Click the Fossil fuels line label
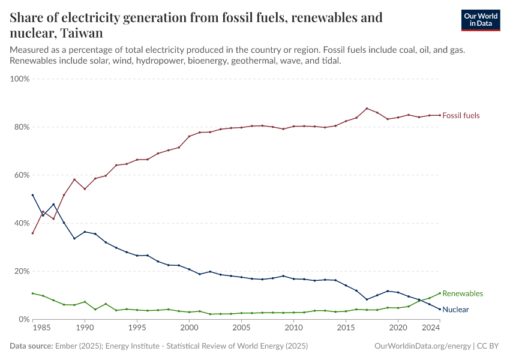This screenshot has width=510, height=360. [461, 115]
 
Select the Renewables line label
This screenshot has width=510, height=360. [463, 293]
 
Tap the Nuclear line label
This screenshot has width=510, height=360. [455, 310]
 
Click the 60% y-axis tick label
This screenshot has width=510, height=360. [22, 175]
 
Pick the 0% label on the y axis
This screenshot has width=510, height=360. [24, 319]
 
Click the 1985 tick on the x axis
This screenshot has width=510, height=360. [43, 329]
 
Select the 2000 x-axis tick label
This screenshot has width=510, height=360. [189, 329]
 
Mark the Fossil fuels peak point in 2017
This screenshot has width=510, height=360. [367, 109]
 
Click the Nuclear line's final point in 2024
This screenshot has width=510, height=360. [440, 309]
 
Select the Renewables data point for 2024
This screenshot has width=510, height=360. [440, 293]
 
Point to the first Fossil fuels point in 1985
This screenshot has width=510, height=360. [32, 233]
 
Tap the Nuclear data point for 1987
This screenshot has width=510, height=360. [53, 204]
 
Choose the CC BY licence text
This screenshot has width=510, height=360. [489, 346]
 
